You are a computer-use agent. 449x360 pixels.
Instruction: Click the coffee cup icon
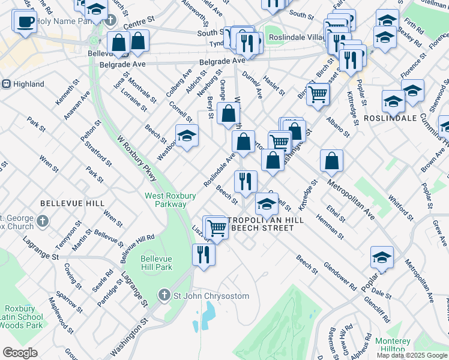(x=25, y=22)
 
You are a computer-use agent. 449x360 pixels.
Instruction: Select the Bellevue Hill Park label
(x=156, y=263)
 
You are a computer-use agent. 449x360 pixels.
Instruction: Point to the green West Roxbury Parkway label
(x=165, y=200)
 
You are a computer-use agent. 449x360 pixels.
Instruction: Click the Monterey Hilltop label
(x=393, y=345)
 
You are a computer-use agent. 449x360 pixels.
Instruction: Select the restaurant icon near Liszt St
(x=203, y=254)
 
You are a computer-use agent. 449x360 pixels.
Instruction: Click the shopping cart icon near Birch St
(x=318, y=93)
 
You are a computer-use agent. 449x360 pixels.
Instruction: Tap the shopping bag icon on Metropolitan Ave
(x=331, y=160)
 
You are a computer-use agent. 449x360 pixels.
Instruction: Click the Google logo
(x=20, y=353)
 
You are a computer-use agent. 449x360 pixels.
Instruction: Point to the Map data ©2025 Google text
(x=411, y=355)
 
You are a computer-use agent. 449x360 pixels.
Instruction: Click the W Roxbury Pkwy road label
(x=139, y=158)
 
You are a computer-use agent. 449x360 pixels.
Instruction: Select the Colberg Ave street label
(x=179, y=85)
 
